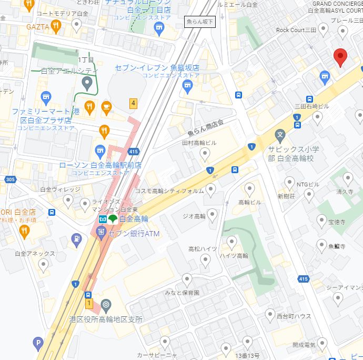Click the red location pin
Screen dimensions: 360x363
(340, 57)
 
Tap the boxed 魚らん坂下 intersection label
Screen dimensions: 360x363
(200, 22)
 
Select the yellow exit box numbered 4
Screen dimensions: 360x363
(133, 104)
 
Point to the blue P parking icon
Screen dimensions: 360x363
(37, 344)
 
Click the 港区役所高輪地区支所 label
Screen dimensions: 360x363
(106, 319)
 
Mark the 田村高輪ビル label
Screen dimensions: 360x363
(199, 143)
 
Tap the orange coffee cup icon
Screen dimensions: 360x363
(106, 107)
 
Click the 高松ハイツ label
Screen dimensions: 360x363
(203, 249)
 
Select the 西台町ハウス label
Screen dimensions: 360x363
(294, 316)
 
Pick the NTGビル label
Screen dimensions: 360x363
(308, 184)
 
